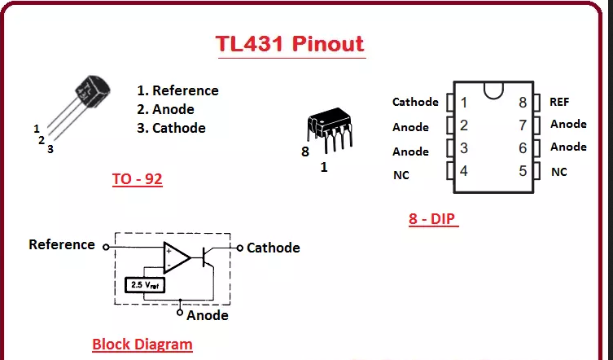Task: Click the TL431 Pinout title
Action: pyautogui.click(x=290, y=43)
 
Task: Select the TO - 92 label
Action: pyautogui.click(x=137, y=179)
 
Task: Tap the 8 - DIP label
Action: pyautogui.click(x=433, y=219)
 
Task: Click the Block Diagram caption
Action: pyautogui.click(x=142, y=344)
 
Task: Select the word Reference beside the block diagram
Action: pyautogui.click(x=62, y=244)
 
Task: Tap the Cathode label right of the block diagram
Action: pyautogui.click(x=273, y=248)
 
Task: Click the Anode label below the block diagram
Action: pyautogui.click(x=207, y=315)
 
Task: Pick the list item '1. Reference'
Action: pyautogui.click(x=177, y=90)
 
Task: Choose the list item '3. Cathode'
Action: pyautogui.click(x=170, y=128)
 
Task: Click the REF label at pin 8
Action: pyautogui.click(x=559, y=102)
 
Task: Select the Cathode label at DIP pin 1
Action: pyautogui.click(x=415, y=102)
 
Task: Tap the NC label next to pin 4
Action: pyautogui.click(x=401, y=175)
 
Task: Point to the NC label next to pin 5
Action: pyautogui.click(x=558, y=172)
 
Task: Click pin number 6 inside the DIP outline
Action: pyautogui.click(x=523, y=148)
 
